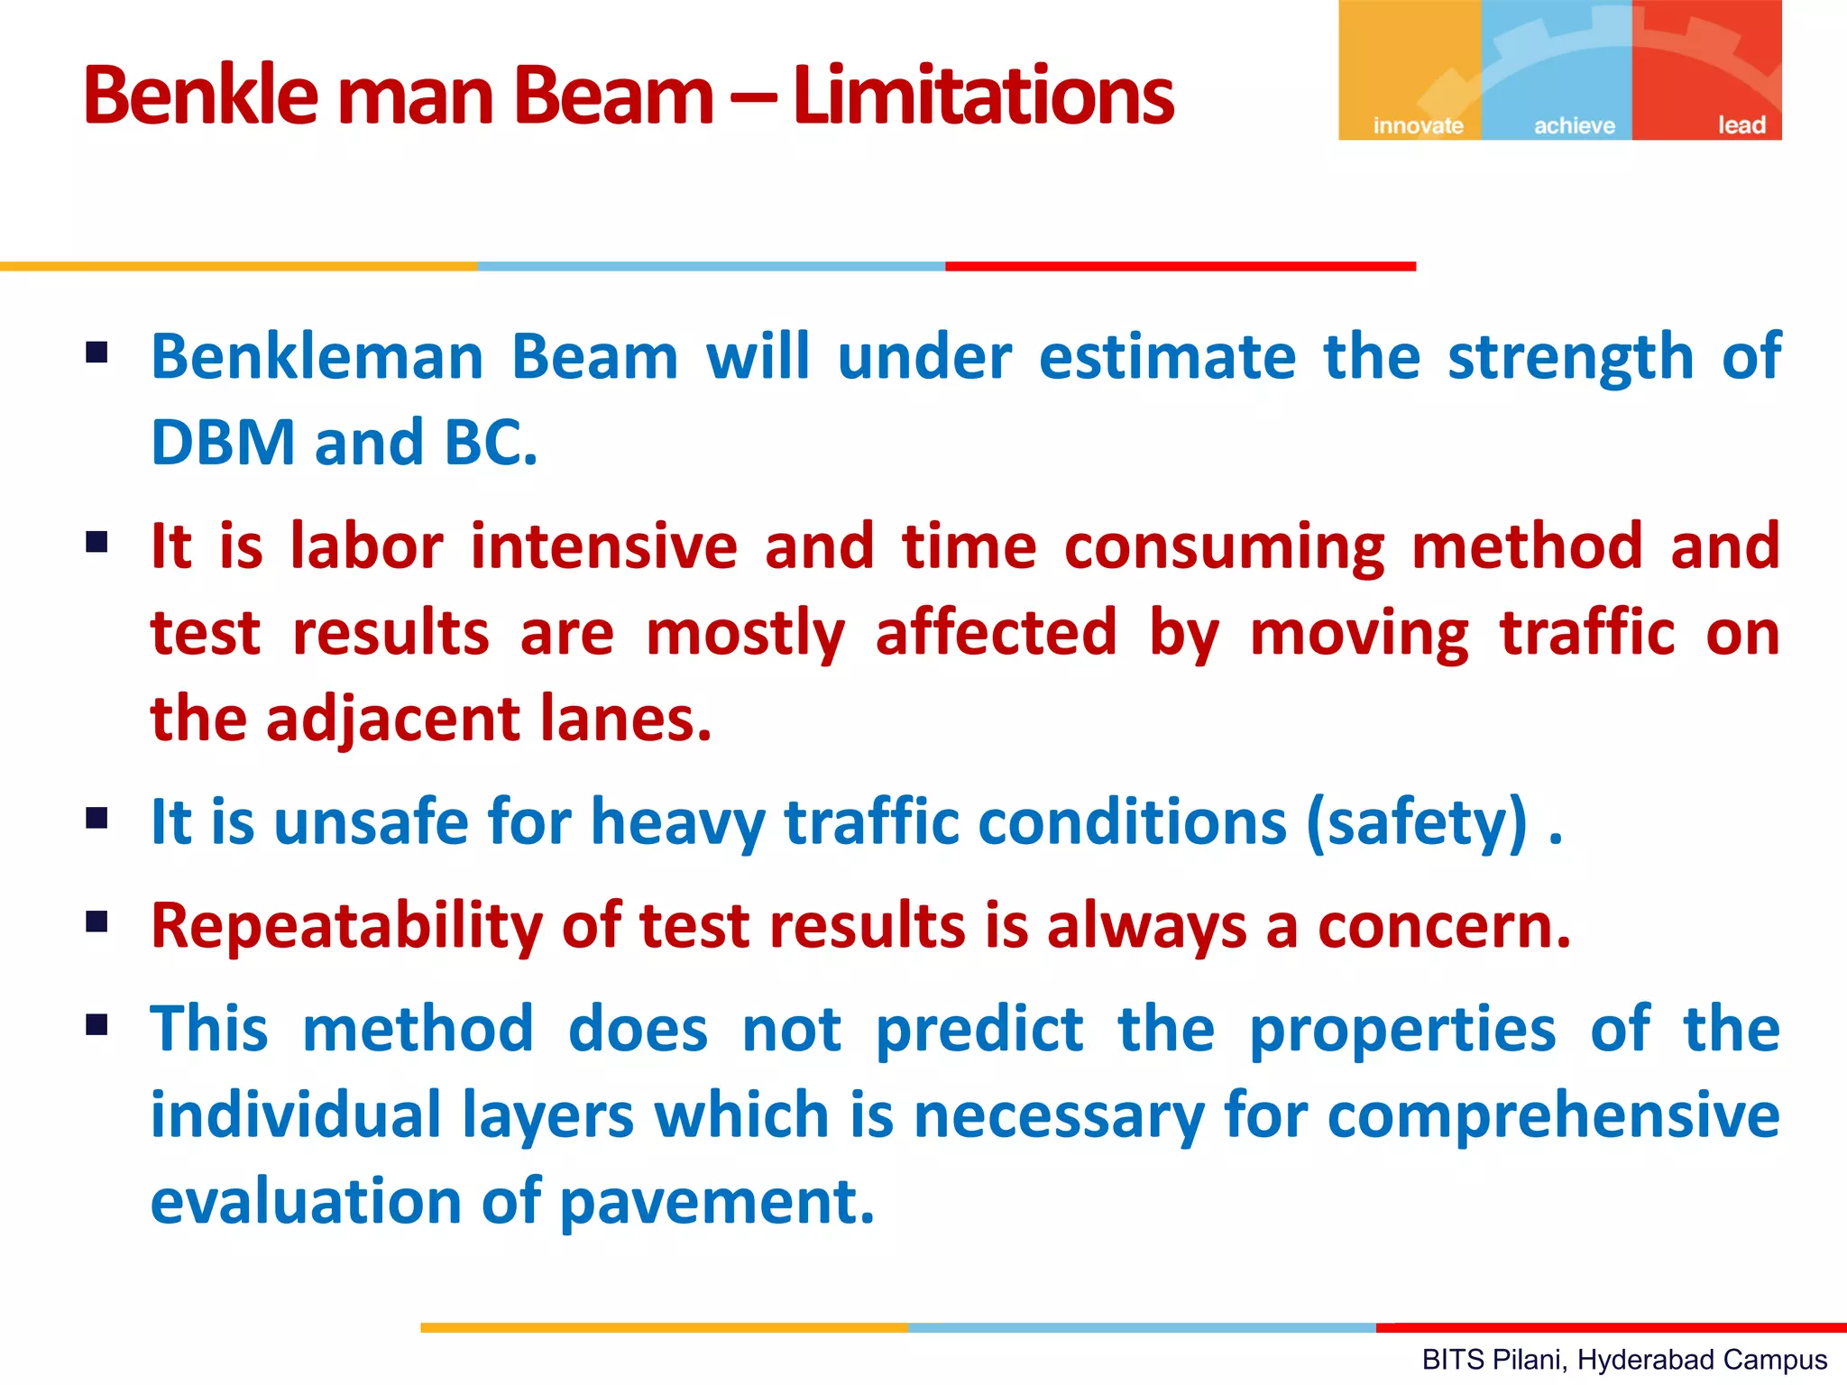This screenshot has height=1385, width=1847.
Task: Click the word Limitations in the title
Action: click(983, 96)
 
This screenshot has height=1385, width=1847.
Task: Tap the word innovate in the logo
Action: click(1418, 125)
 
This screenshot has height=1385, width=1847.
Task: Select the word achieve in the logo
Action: click(1574, 125)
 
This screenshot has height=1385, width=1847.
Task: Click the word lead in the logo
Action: click(1741, 125)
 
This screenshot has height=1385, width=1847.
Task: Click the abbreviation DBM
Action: click(223, 443)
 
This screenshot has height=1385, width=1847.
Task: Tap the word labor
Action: click(366, 546)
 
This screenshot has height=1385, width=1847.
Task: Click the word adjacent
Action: click(393, 720)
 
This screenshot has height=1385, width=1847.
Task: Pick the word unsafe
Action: click(371, 822)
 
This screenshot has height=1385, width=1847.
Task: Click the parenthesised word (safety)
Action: click(1417, 822)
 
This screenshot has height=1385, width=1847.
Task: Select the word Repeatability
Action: click(346, 926)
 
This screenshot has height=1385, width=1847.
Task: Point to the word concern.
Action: click(1443, 928)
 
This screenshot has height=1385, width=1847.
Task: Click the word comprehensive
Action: click(1553, 1116)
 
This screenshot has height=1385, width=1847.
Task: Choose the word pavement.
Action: click(717, 1203)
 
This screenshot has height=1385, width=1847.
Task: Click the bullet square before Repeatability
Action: click(96, 922)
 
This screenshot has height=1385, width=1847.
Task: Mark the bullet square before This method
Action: click(96, 1025)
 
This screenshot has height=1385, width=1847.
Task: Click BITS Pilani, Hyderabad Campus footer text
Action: click(1623, 1360)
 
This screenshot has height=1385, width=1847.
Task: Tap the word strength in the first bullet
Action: click(1570, 357)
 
